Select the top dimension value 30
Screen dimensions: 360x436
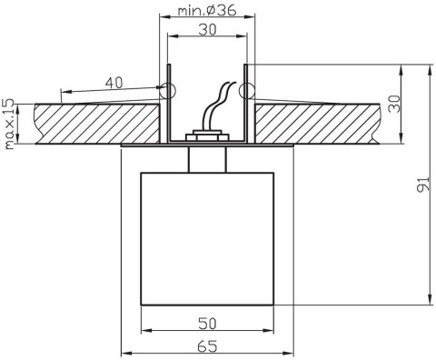(206, 30)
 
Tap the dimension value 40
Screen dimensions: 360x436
(114, 83)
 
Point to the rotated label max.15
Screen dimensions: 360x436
(8, 123)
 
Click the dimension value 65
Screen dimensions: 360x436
(207, 345)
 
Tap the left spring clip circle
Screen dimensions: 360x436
(164, 90)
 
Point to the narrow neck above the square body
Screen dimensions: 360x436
(206, 159)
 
